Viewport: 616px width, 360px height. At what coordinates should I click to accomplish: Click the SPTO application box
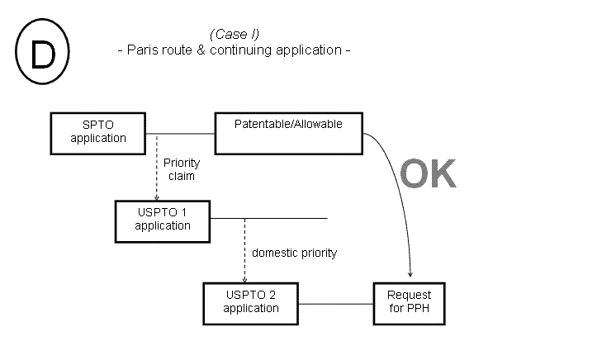(x=98, y=132)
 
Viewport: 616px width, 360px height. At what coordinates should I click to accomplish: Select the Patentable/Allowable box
(x=288, y=133)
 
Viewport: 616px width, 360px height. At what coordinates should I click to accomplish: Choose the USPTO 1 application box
(x=163, y=219)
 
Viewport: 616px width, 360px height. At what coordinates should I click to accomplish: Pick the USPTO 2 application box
(x=250, y=303)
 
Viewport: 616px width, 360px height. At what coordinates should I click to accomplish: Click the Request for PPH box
(x=410, y=303)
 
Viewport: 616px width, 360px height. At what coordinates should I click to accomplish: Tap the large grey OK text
(x=428, y=174)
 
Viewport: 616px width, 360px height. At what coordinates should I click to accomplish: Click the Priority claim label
(x=182, y=170)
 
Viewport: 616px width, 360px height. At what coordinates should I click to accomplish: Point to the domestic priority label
(x=294, y=253)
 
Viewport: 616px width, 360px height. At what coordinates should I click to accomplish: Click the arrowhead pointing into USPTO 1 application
(x=157, y=197)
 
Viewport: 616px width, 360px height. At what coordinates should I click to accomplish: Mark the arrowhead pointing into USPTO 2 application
(x=245, y=279)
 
